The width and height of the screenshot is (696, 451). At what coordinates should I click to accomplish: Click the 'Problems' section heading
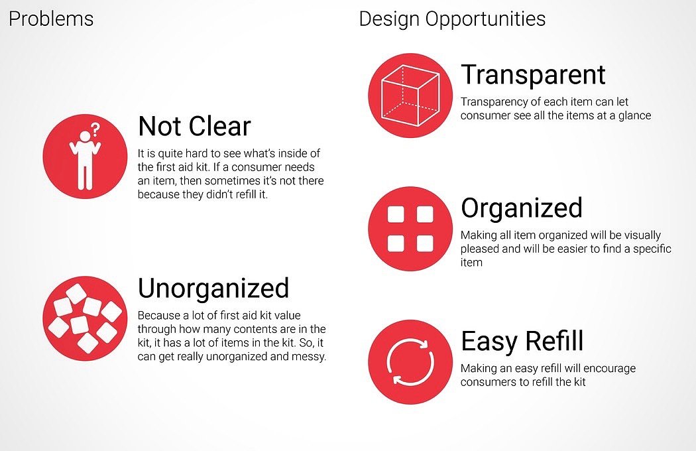point(51,19)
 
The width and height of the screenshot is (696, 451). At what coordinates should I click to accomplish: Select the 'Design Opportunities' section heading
point(452,19)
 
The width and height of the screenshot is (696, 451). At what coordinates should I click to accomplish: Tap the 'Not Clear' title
point(194,126)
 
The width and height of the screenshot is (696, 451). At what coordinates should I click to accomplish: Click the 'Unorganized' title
point(213,289)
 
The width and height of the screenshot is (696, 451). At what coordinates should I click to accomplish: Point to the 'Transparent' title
point(533,75)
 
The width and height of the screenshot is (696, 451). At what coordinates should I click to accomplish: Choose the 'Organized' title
point(522,208)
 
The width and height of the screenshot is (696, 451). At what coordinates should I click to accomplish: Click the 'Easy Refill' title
point(522,341)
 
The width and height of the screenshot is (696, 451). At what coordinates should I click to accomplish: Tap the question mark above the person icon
point(95,129)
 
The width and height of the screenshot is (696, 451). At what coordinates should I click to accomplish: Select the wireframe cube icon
point(410,95)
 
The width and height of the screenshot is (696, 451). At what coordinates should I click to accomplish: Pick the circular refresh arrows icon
point(410,362)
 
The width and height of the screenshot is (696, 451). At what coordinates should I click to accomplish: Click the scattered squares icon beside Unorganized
point(85,318)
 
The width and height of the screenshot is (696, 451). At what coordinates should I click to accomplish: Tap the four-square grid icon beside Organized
point(410,229)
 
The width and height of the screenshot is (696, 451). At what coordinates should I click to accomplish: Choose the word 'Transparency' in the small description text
point(495,102)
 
